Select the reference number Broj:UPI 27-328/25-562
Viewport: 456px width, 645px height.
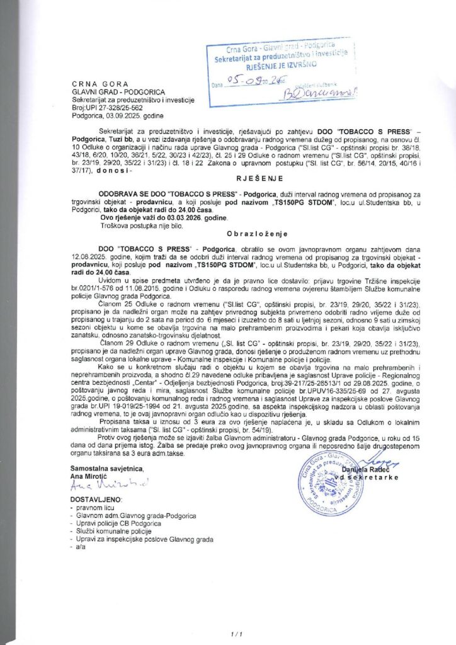click(x=108, y=106)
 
